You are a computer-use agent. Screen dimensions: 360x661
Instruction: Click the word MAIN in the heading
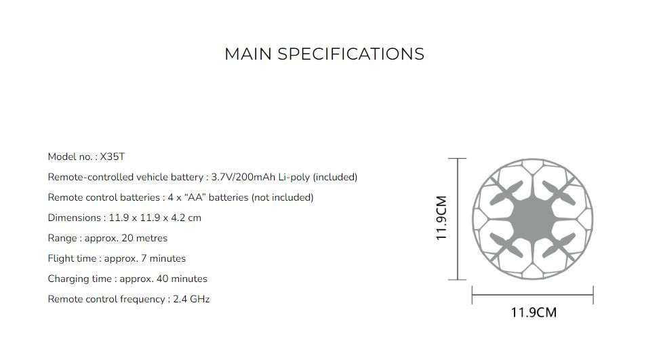pos(248,54)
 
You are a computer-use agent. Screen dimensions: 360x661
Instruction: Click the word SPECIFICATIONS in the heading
pos(351,54)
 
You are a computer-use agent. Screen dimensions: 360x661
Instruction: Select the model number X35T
pos(113,157)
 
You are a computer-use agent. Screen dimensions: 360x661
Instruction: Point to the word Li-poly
pos(292,177)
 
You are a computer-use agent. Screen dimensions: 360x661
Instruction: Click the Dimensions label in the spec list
pos(75,218)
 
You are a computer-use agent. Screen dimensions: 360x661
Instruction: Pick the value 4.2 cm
pos(186,218)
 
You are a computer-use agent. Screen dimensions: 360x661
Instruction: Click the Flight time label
pos(73,258)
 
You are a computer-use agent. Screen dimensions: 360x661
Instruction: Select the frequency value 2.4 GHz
pos(191,299)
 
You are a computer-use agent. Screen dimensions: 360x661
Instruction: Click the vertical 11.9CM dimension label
pos(441,218)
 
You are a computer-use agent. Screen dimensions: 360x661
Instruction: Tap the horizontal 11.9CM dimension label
pos(533,313)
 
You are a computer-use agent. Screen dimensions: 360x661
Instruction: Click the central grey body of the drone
pos(533,219)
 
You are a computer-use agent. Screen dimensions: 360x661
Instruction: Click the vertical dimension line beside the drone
pos(458,218)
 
